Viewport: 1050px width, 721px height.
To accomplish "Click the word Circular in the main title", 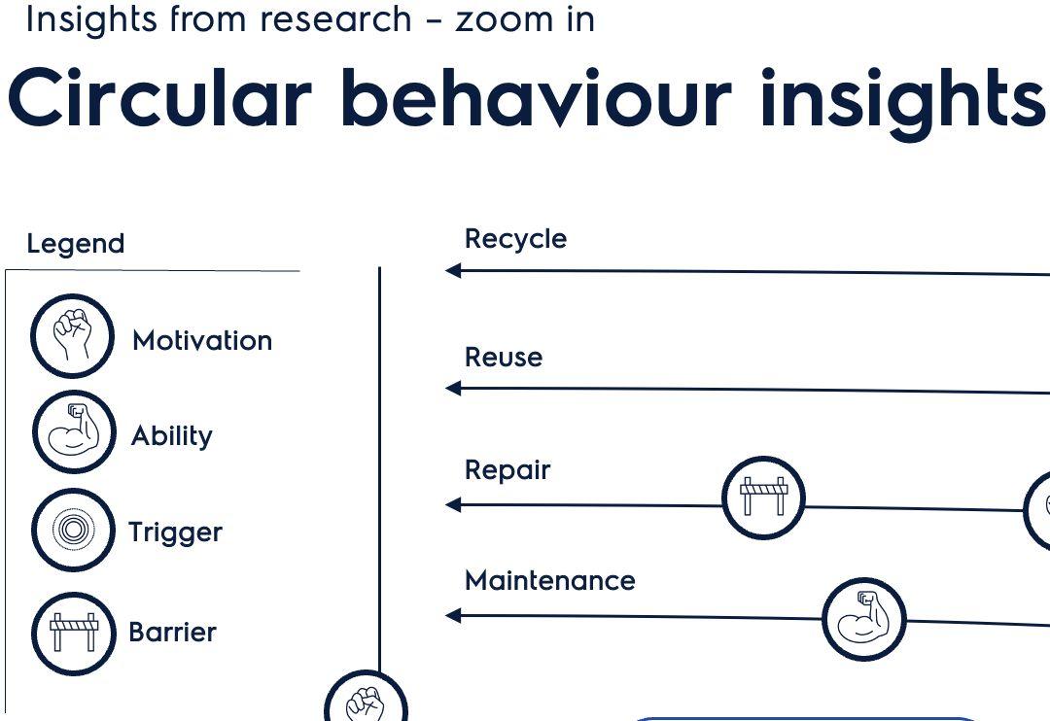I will pyautogui.click(x=158, y=98).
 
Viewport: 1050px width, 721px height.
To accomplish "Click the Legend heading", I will pyautogui.click(x=76, y=243).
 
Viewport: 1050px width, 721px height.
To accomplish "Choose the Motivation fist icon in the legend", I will pyautogui.click(x=72, y=336).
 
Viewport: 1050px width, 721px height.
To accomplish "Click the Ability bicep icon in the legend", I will pyautogui.click(x=73, y=431).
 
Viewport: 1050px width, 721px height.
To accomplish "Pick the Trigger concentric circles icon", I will pyautogui.click(x=72, y=531).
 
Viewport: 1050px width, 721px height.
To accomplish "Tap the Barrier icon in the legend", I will pyautogui.click(x=73, y=633).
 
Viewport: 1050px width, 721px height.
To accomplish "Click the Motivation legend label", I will pyautogui.click(x=202, y=340).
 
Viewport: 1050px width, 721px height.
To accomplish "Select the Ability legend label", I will pyautogui.click(x=172, y=435).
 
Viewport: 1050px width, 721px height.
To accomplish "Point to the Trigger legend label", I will pyautogui.click(x=175, y=532).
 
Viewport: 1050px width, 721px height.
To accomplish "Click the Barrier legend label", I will pyautogui.click(x=172, y=632).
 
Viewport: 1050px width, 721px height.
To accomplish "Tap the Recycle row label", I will pyautogui.click(x=515, y=239).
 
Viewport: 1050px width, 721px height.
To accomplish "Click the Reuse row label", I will pyautogui.click(x=504, y=357).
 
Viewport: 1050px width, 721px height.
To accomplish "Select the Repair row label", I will pyautogui.click(x=507, y=470).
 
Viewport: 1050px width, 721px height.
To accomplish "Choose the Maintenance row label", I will pyautogui.click(x=550, y=581).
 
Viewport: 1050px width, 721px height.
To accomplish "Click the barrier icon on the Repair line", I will pyautogui.click(x=764, y=498).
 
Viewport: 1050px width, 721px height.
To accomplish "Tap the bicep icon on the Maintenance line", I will pyautogui.click(x=863, y=618).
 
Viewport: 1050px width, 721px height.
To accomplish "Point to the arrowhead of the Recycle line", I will pyautogui.click(x=453, y=271).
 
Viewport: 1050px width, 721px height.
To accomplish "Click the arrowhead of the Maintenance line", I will pyautogui.click(x=453, y=615).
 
